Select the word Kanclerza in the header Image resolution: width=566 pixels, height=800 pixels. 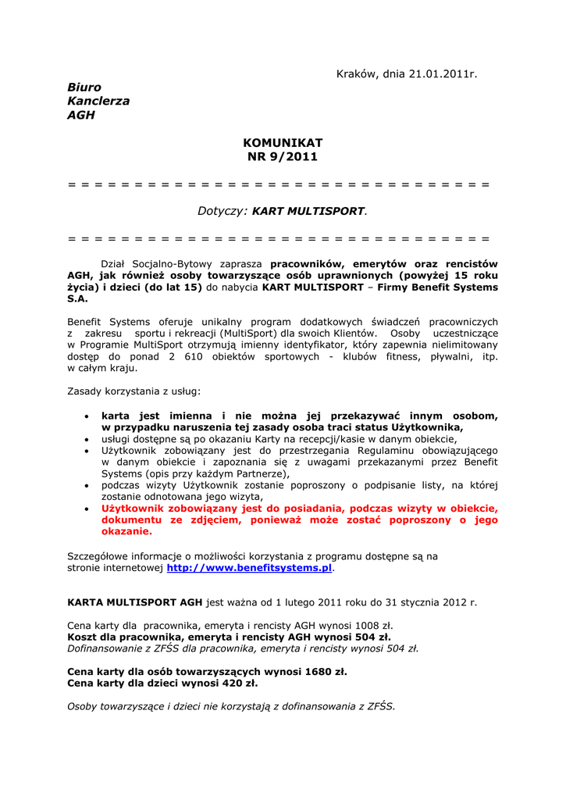[98, 101]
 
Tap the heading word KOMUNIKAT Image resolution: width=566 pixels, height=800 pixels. [283, 143]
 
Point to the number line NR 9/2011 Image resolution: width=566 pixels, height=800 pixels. [283, 157]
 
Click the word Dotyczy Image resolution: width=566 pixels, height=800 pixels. [222, 211]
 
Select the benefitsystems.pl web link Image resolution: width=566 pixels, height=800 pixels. [249, 568]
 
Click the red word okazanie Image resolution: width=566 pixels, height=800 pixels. [126, 531]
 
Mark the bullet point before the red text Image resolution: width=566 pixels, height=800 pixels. [87, 509]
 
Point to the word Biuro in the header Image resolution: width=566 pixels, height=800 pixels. [84, 87]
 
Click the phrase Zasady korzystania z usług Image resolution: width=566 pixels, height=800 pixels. [133, 390]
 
